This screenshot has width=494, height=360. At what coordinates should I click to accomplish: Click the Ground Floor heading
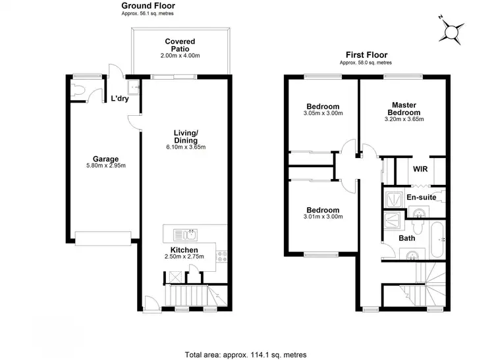click(x=148, y=5)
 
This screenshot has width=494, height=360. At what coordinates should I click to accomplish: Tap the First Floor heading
click(x=366, y=55)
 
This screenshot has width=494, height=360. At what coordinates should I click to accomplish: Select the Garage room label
click(x=105, y=159)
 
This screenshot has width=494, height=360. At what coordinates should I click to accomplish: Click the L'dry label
click(x=119, y=99)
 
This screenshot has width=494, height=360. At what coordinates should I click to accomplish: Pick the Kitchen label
click(x=184, y=249)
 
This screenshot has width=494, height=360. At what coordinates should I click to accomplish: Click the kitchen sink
click(x=185, y=234)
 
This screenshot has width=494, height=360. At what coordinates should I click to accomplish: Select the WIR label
click(x=420, y=168)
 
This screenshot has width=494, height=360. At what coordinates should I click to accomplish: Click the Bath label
click(x=406, y=238)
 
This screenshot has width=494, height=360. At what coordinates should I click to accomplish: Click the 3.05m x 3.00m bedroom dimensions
click(x=323, y=113)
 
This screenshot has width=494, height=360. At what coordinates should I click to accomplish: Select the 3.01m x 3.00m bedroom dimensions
click(x=323, y=217)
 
